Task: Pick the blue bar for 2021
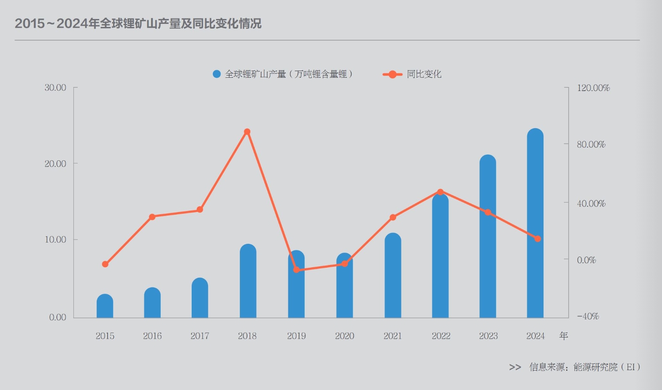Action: pos(393,276)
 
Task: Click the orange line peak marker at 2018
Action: pos(247,132)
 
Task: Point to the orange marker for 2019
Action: pos(296,270)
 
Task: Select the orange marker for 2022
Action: pos(440,192)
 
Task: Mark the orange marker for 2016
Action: pos(152,217)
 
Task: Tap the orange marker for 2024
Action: pos(537,239)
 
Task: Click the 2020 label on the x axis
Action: pos(344,336)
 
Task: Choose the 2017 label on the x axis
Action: pos(200,336)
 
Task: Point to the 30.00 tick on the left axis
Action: pos(55,87)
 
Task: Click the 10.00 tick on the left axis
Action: pos(55,240)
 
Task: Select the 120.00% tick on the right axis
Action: pos(593,88)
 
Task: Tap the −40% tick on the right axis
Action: pos(588,317)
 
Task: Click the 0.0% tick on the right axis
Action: pos(586,260)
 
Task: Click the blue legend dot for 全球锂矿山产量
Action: pos(216,74)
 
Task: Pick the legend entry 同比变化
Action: pos(424,74)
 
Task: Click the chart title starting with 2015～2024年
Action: pos(138,23)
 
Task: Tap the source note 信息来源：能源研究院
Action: pos(584,367)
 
